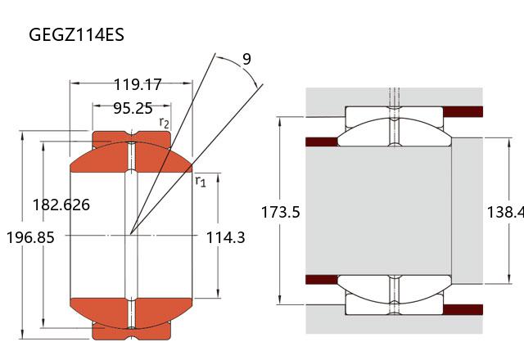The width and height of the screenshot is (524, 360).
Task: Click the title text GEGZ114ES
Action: point(76,34)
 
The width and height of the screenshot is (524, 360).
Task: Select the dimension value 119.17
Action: point(138,84)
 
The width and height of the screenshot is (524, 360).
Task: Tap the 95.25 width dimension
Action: point(133,108)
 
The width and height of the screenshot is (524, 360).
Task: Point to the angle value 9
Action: point(246,59)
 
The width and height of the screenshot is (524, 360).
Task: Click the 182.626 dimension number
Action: point(61,205)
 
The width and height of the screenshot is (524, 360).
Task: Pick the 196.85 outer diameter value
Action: point(30,238)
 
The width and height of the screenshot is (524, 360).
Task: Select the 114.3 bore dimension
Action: point(226,238)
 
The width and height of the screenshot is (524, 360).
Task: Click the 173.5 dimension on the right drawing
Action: point(280,212)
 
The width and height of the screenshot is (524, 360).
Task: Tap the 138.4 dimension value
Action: point(505,212)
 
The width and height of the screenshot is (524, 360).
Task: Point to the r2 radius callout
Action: point(165,123)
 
